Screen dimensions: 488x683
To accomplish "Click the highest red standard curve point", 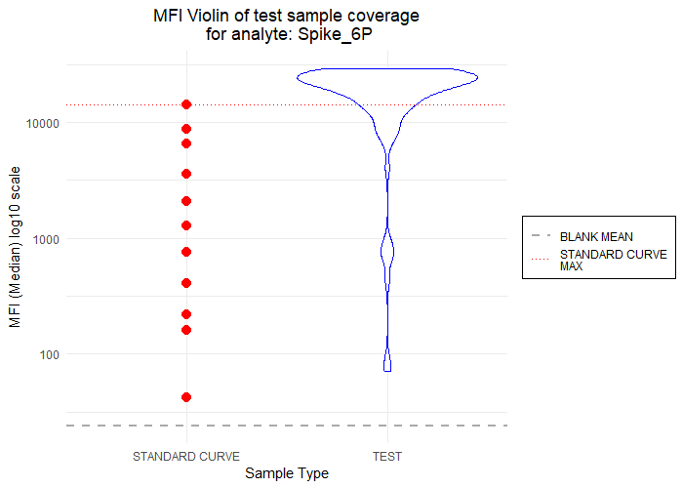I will coord(185,104).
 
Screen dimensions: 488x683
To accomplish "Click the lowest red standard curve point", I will coord(185,397).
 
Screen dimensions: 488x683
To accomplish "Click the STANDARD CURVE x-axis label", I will coord(185,456).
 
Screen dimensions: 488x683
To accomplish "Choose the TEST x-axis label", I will coord(387,456).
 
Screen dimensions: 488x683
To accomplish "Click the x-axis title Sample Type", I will coord(286,473).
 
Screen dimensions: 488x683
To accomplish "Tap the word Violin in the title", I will coord(211,18).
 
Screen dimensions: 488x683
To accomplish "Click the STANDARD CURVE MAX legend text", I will coord(613,260).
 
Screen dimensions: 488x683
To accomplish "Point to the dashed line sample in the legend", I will coord(541,236).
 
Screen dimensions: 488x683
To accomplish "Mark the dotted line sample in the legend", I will coord(541,260).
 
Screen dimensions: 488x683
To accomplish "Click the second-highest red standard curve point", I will coord(185,129).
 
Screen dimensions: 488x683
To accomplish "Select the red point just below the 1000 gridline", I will coord(185,252).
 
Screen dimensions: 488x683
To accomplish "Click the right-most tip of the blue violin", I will coord(478,77).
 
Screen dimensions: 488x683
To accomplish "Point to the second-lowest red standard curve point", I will coord(185,330).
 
